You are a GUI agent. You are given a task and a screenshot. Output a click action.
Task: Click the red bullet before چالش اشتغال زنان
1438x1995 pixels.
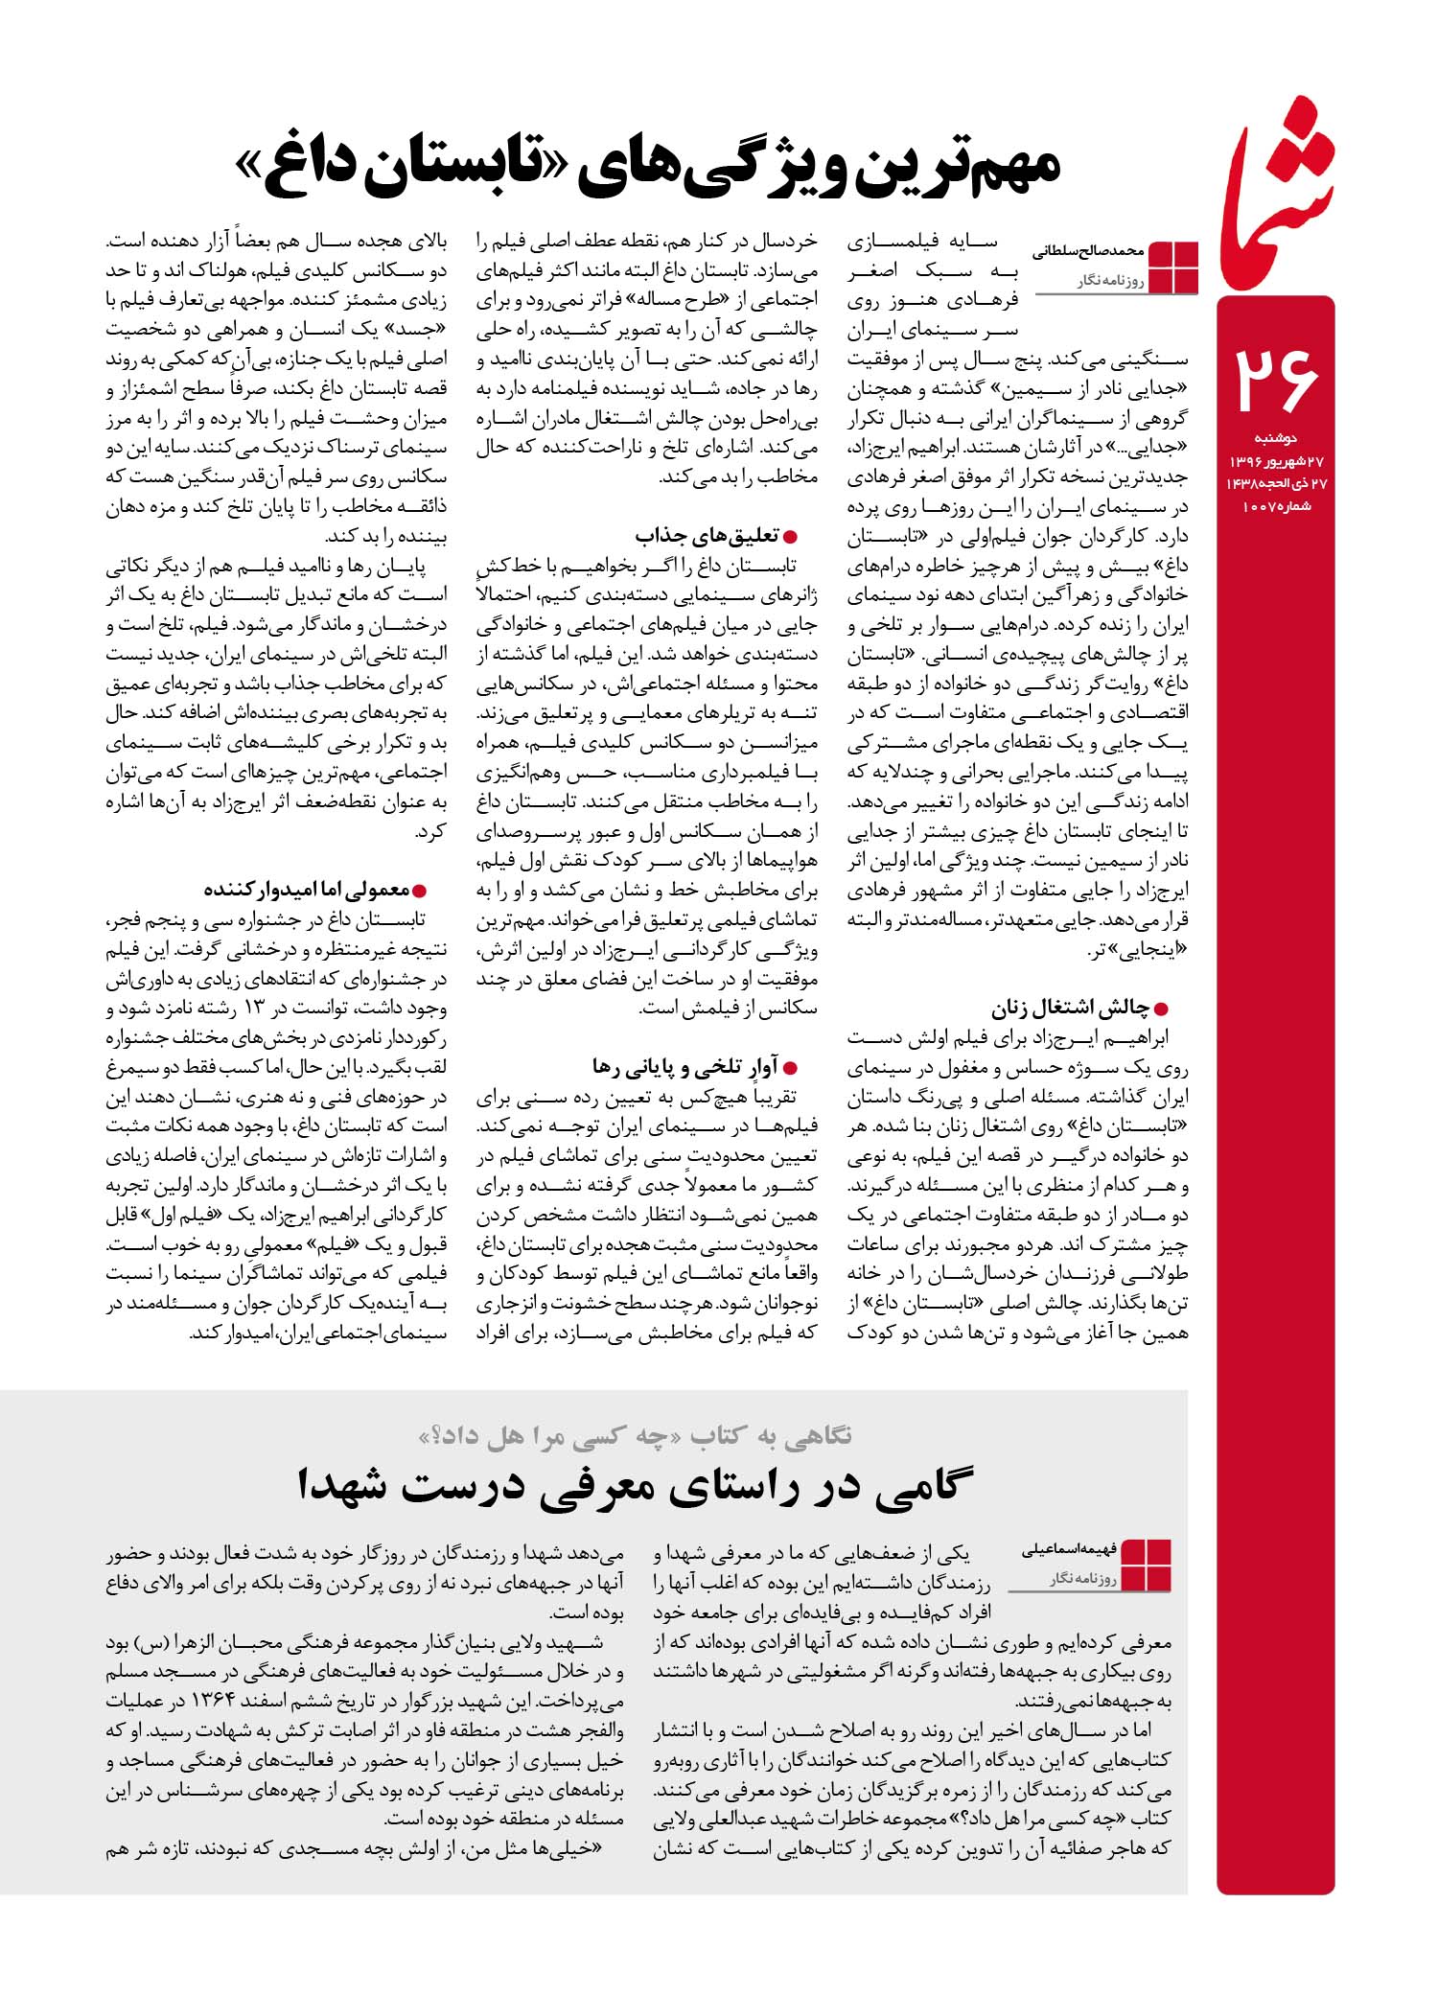(x=1162, y=1009)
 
